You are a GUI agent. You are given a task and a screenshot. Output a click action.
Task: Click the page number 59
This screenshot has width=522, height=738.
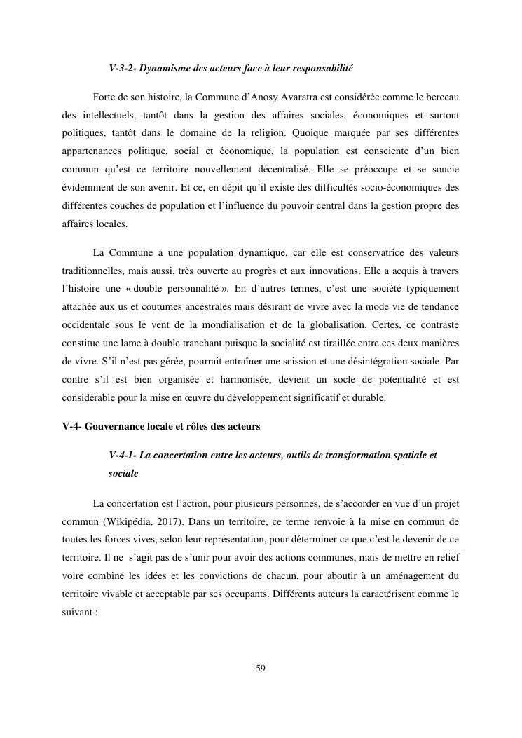coord(261,667)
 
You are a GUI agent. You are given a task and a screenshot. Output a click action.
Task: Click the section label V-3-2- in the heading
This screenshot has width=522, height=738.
coord(123,69)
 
